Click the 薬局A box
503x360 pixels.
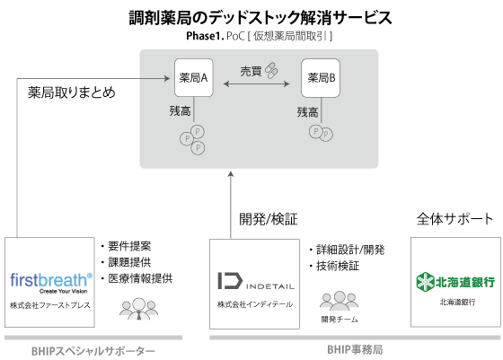tap(193, 78)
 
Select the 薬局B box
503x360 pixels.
tap(320, 78)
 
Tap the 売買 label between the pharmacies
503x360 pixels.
tap(251, 71)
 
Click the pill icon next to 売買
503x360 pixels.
tap(270, 70)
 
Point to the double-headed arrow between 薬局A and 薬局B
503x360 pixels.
tap(256, 85)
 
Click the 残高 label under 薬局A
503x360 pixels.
tap(180, 111)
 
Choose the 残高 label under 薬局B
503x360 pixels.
tap(307, 112)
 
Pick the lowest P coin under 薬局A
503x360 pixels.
tap(198, 147)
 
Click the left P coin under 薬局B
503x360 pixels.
tap(315, 131)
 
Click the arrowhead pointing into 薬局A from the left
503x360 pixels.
tap(170, 79)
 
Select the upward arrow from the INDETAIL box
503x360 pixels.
tap(231, 202)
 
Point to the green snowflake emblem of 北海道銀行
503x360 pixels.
tap(424, 283)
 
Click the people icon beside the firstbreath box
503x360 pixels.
tap(138, 309)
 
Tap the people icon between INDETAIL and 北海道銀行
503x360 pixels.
tap(339, 301)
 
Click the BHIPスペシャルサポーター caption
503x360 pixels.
tap(93, 350)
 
